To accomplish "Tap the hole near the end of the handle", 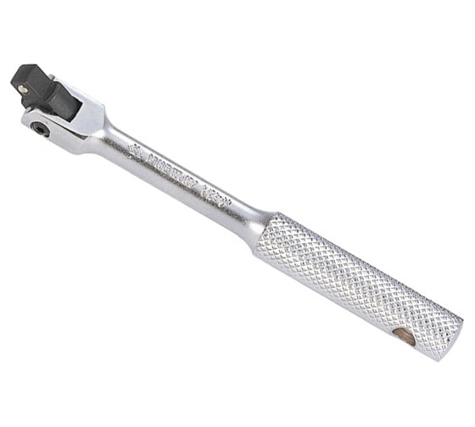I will (407, 337).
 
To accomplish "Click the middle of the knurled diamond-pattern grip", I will (356, 280).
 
